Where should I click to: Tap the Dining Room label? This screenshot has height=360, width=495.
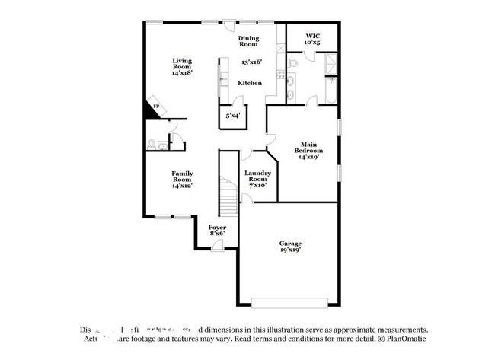pos(250,41)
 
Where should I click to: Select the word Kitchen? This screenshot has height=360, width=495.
pos(250,83)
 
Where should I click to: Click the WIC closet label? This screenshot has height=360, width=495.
pos(313,39)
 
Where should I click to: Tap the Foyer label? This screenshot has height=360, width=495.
pos(216,230)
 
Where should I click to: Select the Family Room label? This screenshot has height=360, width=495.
pos(181,178)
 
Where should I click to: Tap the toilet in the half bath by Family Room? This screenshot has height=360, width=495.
pos(152,143)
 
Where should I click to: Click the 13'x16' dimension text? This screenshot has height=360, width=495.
pos(251,62)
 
